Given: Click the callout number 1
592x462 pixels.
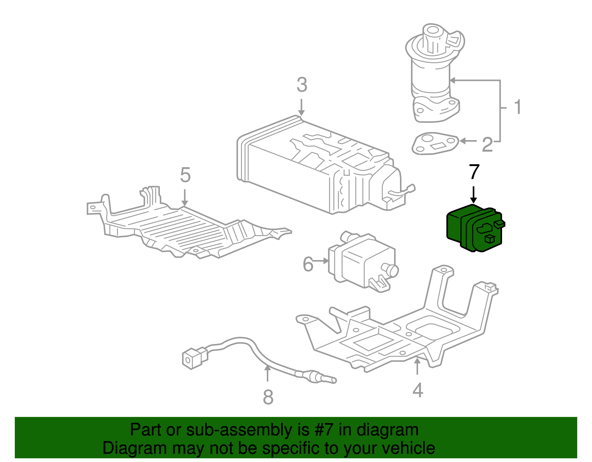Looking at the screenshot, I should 518,107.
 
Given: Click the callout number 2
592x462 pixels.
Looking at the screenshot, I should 487,145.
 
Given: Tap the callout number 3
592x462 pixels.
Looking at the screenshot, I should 302,85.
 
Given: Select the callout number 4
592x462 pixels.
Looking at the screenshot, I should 417,390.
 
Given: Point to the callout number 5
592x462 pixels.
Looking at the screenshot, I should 185,175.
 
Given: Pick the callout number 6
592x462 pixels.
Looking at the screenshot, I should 308,264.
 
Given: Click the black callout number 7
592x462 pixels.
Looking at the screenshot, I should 474,172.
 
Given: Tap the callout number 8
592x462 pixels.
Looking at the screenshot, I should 268,397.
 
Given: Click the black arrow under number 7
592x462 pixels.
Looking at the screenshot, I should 473,195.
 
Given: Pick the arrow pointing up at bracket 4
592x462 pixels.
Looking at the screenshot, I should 417,366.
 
